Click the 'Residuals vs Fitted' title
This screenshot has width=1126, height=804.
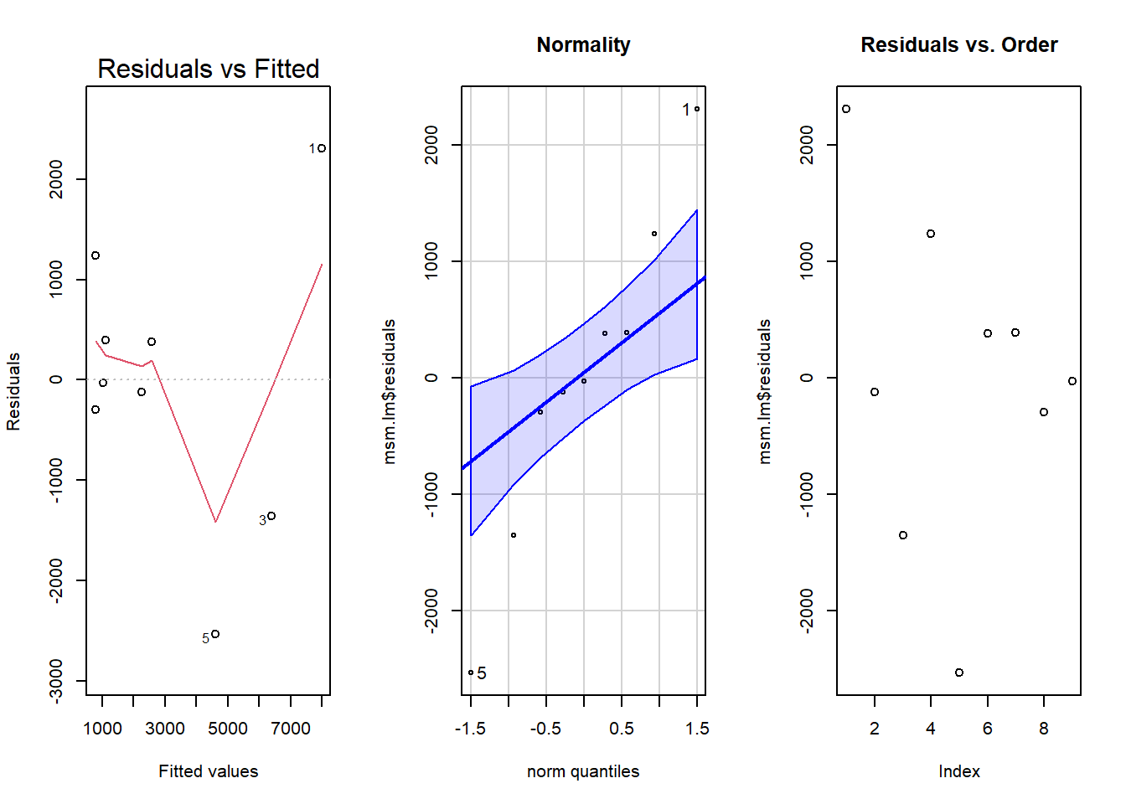coord(208,69)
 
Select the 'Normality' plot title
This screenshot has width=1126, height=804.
coord(583,44)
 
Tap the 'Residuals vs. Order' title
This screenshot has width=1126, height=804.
coord(958,44)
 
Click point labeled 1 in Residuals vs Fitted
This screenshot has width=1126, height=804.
coord(322,148)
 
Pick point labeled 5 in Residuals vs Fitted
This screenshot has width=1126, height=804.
coord(215,634)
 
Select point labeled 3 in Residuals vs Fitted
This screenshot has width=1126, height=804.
coord(271,516)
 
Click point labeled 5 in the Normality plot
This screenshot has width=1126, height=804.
coord(471,673)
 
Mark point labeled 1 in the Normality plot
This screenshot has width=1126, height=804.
coord(697,109)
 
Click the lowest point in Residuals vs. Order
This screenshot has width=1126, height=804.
coord(959,673)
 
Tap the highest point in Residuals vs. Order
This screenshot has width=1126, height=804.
coord(846,109)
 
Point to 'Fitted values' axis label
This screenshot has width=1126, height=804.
coord(208,771)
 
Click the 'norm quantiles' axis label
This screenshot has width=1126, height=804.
coord(583,771)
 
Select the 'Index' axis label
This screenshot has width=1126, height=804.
coord(958,771)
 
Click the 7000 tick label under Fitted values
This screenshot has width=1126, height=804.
coord(291,729)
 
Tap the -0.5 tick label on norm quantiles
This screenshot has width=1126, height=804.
coord(545,729)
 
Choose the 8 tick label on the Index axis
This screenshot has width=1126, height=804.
coord(1044,729)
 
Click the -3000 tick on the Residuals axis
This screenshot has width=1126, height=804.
coord(56,680)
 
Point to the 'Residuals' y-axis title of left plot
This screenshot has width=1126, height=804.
coord(13,392)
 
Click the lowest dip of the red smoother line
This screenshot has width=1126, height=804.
coord(216,522)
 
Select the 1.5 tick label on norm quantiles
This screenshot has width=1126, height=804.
coord(697,729)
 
